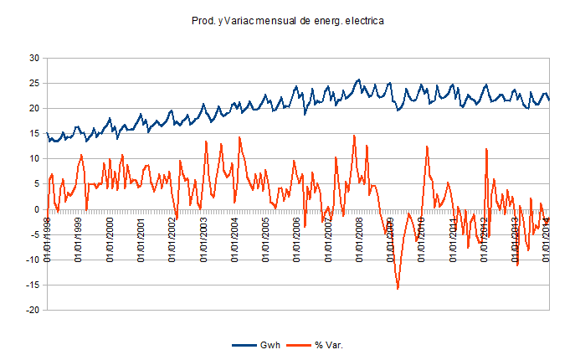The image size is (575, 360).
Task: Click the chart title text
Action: (287, 22)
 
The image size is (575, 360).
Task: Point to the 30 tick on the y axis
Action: (34, 58)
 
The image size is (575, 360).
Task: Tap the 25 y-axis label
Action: (34, 83)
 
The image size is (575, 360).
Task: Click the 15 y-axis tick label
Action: (34, 133)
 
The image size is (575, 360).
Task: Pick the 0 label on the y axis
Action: (37, 209)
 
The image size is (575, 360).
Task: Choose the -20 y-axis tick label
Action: (33, 310)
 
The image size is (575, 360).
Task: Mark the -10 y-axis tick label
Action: (33, 260)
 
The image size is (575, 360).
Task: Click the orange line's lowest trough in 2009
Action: (398, 289)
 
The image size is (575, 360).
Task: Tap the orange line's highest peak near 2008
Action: (354, 136)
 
